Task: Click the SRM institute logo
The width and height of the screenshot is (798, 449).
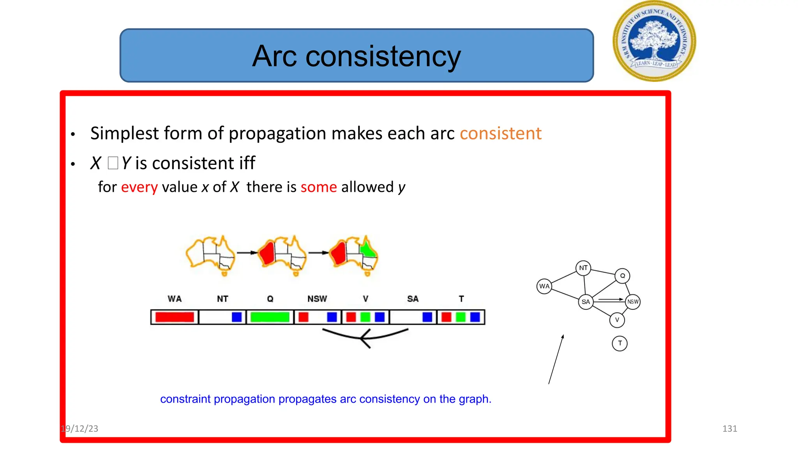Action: (654, 41)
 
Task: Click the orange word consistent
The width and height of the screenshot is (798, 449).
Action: (500, 133)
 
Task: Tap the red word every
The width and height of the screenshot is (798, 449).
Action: (139, 187)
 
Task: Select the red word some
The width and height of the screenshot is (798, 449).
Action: (318, 187)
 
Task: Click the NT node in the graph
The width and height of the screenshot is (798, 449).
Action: (583, 268)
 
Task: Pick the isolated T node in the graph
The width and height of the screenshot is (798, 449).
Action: (620, 343)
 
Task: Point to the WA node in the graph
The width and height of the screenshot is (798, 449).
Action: (544, 286)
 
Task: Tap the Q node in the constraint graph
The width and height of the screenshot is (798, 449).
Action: (622, 276)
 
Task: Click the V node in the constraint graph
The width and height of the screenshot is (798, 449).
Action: (617, 320)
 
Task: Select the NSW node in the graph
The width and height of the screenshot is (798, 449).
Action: (633, 302)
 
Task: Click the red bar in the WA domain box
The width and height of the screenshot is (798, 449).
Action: (175, 317)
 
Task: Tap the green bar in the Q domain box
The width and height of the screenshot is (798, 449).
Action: (270, 317)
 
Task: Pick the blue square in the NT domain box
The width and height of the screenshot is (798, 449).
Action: (237, 317)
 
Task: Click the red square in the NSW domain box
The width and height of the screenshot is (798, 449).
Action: (304, 317)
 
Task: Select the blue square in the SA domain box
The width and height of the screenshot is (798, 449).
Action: (427, 317)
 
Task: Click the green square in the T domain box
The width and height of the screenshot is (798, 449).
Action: (461, 317)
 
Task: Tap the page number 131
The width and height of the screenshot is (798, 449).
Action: (729, 429)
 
